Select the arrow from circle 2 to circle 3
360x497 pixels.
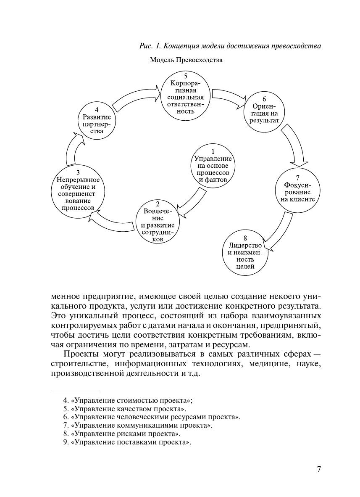[113, 222]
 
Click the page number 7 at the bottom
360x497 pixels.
[318, 469]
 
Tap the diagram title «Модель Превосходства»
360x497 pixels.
[186, 60]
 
